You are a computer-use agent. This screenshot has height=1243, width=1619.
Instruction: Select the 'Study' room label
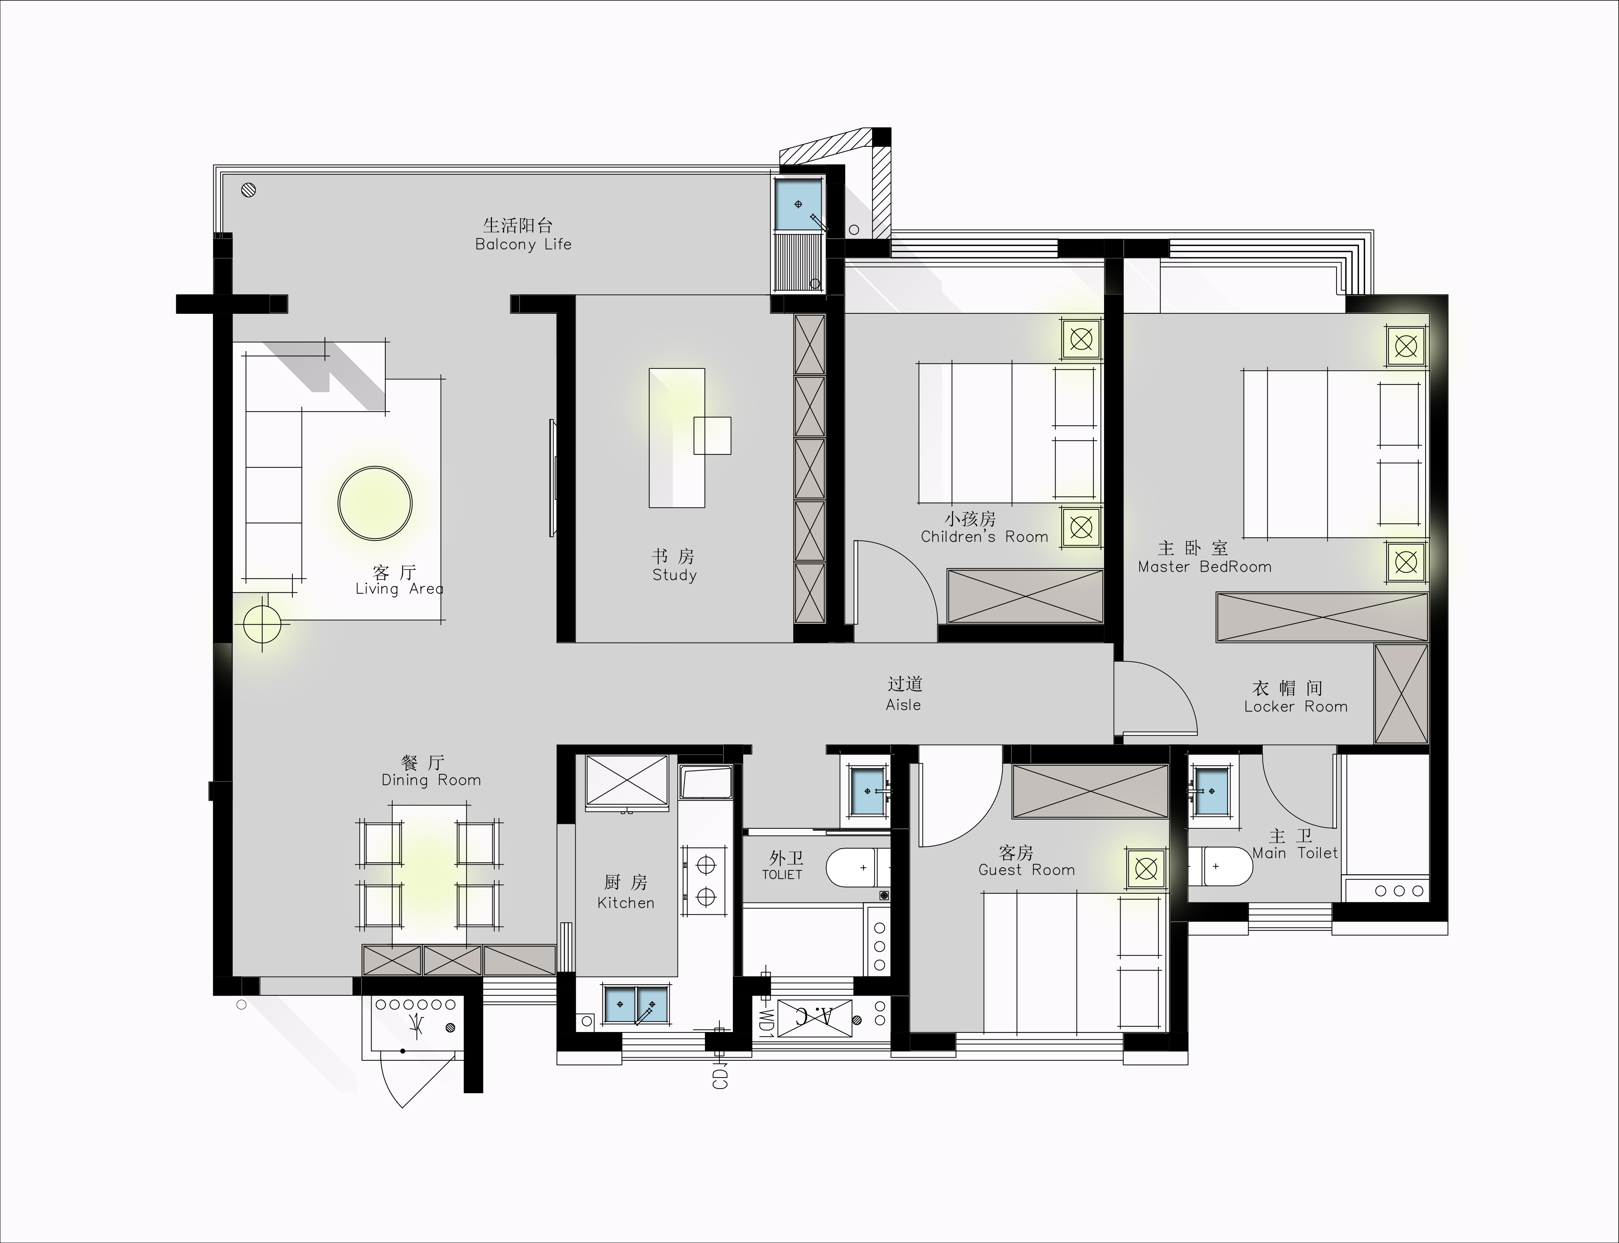click(674, 575)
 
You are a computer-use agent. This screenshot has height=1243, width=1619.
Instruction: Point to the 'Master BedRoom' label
click(1205, 567)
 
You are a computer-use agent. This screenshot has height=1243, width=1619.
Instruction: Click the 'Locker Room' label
click(1296, 707)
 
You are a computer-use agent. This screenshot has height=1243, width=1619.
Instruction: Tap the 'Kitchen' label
click(626, 903)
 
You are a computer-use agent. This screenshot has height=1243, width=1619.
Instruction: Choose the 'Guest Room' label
click(1026, 870)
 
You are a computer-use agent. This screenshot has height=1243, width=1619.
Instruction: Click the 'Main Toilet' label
click(1295, 853)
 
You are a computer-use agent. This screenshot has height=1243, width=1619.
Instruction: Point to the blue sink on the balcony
click(798, 204)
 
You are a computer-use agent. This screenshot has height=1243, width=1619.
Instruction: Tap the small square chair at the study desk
click(712, 436)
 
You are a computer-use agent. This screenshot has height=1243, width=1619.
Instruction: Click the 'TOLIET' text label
click(782, 875)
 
